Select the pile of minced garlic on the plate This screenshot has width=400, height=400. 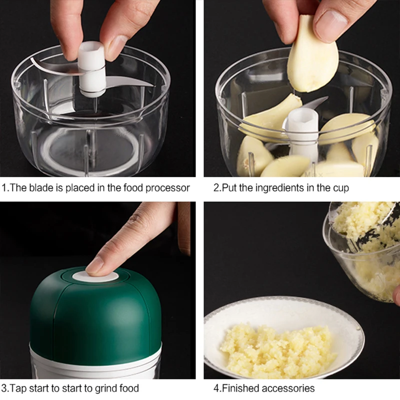tap(277, 345)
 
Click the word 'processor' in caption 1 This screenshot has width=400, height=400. tap(167, 188)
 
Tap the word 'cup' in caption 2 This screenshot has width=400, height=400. tap(340, 188)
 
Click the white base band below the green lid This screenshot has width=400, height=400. tap(95, 362)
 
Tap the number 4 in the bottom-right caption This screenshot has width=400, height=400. tap(216, 388)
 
